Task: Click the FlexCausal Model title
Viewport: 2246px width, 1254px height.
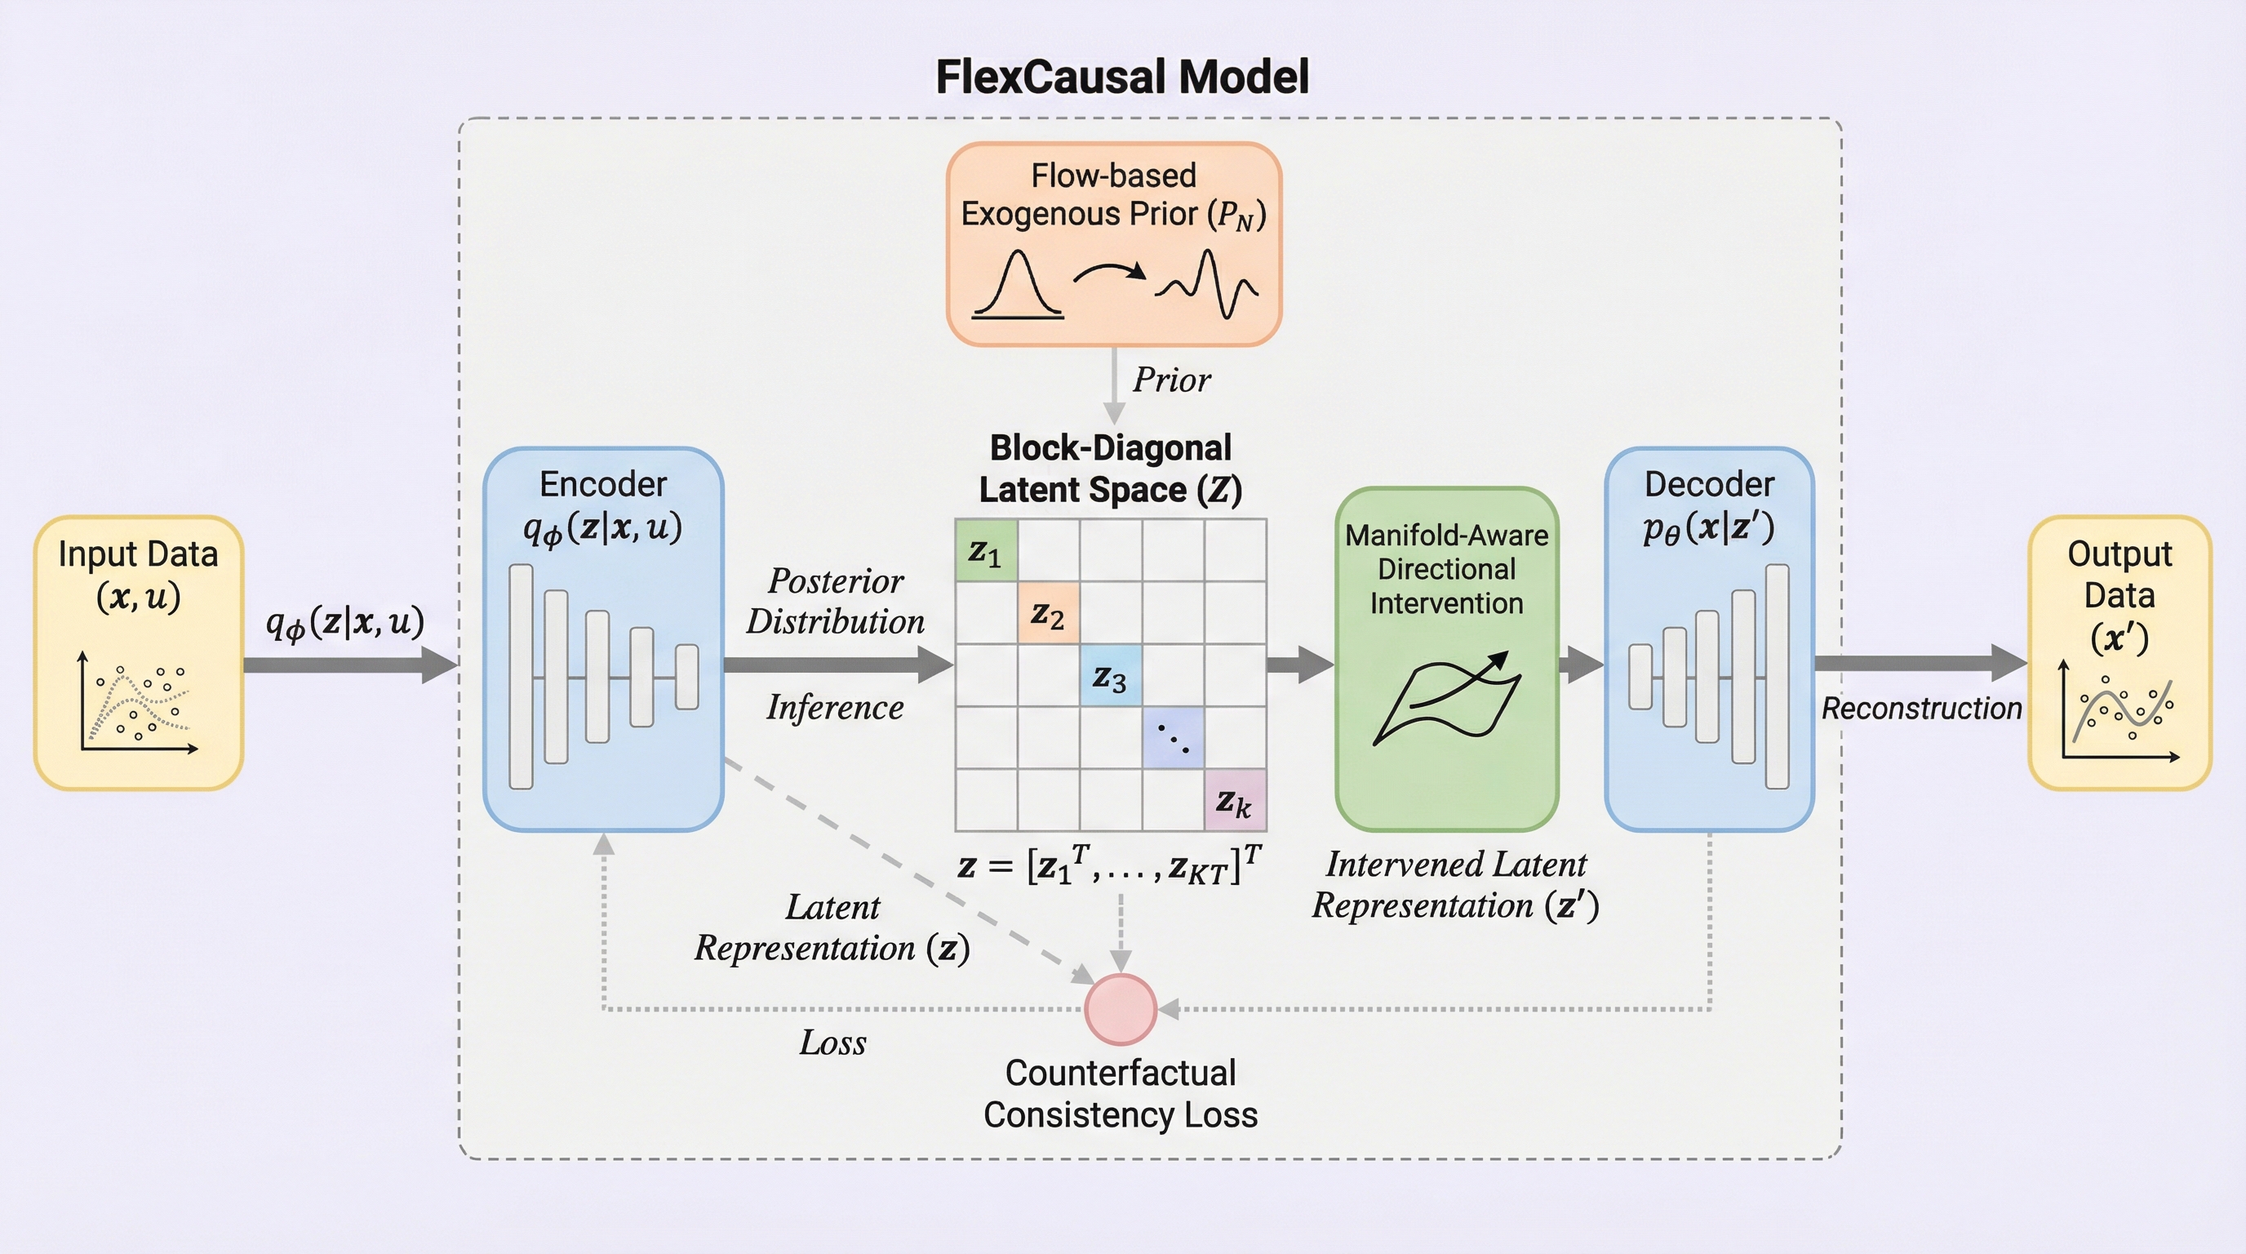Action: (1121, 77)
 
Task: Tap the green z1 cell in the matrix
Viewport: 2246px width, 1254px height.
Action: (986, 550)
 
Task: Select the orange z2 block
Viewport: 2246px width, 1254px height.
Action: (1048, 613)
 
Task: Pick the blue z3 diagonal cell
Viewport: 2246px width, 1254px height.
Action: (1110, 676)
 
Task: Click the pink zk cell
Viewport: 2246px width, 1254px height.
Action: (1235, 799)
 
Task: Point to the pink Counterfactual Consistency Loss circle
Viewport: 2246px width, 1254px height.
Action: (1121, 1009)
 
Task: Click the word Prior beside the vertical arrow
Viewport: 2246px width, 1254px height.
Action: (1171, 380)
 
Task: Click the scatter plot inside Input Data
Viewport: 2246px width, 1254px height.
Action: (138, 704)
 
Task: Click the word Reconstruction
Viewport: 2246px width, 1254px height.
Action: (1921, 708)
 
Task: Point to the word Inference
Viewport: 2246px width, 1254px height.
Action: (834, 707)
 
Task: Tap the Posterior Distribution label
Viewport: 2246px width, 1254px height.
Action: (835, 601)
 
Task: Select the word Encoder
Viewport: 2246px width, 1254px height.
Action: (602, 484)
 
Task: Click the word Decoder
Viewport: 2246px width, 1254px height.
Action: (1709, 484)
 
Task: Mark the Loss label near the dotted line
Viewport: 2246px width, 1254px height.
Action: (832, 1042)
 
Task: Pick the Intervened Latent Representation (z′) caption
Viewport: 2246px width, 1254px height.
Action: (1455, 884)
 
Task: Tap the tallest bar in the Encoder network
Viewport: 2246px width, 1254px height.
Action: (521, 677)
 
